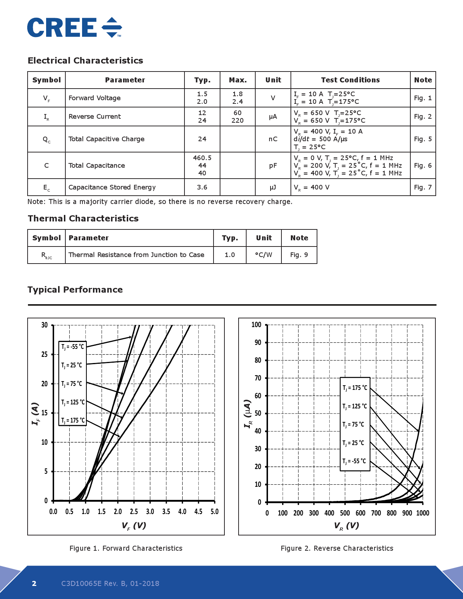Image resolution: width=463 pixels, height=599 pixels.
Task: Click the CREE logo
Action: [74, 28]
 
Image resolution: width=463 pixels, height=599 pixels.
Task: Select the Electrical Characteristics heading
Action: [85, 61]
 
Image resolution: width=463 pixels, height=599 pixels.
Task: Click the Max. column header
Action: [238, 80]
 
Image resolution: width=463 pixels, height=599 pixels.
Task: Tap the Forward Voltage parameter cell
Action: [95, 98]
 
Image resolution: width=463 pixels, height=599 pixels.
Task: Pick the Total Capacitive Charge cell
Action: [106, 139]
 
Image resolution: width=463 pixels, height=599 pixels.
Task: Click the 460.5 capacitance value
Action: [202, 158]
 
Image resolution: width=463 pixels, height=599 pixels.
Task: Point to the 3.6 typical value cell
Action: [202, 187]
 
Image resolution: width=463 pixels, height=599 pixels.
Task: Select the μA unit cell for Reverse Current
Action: [273, 117]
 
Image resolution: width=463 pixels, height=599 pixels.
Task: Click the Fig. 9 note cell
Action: [299, 255]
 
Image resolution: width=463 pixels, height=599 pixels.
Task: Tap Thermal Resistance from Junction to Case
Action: [136, 255]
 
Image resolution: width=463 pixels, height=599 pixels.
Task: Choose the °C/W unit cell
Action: [264, 255]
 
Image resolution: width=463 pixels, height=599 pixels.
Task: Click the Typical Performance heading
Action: [75, 290]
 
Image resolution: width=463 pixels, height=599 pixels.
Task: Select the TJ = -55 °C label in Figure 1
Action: [73, 347]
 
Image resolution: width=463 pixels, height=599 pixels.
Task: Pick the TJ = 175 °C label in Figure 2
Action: [355, 388]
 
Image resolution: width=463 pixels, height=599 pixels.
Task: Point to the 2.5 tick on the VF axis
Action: [134, 512]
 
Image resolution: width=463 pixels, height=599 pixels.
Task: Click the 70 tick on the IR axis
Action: [258, 378]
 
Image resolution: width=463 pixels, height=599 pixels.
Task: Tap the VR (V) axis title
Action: [346, 526]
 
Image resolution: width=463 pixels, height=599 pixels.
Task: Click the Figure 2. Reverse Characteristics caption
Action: [337, 548]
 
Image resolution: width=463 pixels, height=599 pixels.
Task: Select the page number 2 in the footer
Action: [34, 583]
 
